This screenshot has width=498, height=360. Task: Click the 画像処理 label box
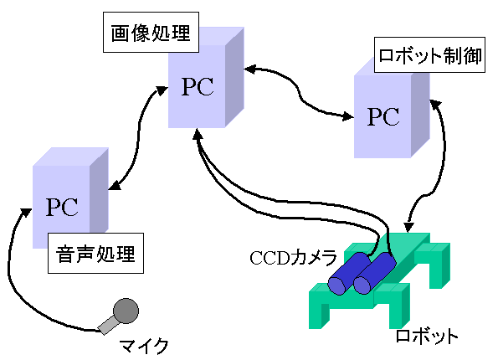tap(151, 33)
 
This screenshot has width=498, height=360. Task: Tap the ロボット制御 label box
tap(429, 55)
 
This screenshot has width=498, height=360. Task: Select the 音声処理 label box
tap(95, 253)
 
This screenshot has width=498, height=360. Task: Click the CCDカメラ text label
tap(293, 257)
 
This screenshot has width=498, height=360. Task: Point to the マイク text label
tap(144, 346)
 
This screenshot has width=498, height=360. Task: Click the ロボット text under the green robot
tap(426, 337)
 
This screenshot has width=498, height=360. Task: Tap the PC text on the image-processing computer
tap(198, 86)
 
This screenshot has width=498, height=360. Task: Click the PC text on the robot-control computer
tap(383, 116)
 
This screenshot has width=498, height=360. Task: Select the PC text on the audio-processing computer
tap(62, 207)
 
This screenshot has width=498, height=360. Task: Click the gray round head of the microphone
tap(126, 311)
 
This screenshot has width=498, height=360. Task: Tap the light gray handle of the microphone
tap(108, 325)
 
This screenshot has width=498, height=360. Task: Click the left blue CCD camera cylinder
tap(349, 274)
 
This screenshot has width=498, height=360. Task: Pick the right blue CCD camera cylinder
tap(375, 273)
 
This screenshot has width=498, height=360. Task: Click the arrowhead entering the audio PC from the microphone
tap(25, 212)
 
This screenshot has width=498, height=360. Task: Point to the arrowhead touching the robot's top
tap(408, 227)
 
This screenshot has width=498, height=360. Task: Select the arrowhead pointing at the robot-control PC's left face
tap(348, 116)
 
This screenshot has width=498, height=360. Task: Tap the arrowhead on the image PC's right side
tap(250, 69)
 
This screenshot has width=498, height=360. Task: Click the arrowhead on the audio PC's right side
tap(115, 186)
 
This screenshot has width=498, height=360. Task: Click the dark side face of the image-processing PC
tap(234, 77)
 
